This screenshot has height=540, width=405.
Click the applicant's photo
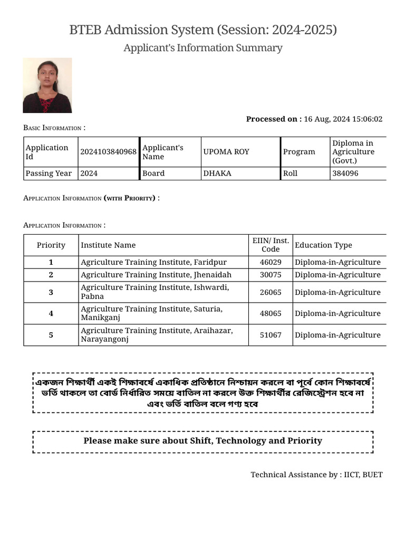pyautogui.click(x=47, y=85)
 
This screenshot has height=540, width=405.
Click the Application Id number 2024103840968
pyautogui.click(x=108, y=152)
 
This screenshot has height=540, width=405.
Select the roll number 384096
pyautogui.click(x=345, y=173)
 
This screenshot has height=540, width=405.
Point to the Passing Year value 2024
pyautogui.click(x=89, y=173)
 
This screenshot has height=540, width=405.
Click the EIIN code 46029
pyautogui.click(x=271, y=262)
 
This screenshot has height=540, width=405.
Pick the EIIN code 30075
pyautogui.click(x=271, y=275)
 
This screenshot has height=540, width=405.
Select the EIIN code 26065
pyautogui.click(x=271, y=292)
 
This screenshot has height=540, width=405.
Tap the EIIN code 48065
pyautogui.click(x=271, y=313)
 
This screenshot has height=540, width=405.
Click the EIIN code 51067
pyautogui.click(x=271, y=335)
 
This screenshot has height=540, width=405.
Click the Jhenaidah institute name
pyautogui.click(x=156, y=275)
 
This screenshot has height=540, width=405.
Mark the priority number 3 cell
pyautogui.click(x=51, y=292)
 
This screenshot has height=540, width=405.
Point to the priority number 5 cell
pyautogui.click(x=51, y=335)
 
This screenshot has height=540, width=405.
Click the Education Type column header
pyautogui.click(x=323, y=245)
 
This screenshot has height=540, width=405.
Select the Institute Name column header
pyautogui.click(x=108, y=245)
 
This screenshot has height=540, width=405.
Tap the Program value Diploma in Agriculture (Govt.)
pyautogui.click(x=353, y=152)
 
